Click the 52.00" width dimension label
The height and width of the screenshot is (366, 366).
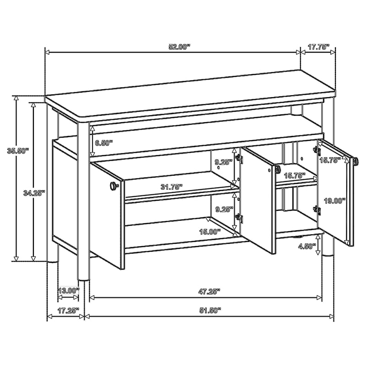[179, 47]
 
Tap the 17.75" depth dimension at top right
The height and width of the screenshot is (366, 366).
[318, 47]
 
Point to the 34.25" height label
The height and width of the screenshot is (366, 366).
[34, 193]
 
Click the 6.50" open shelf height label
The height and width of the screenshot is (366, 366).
[104, 143]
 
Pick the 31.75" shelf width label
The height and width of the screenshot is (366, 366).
[171, 187]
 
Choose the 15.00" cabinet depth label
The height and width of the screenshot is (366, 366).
[210, 231]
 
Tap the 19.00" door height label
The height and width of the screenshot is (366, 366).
[335, 200]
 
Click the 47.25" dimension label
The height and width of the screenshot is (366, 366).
[209, 291]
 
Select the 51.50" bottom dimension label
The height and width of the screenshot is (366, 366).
[210, 310]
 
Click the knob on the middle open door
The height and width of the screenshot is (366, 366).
[278, 169]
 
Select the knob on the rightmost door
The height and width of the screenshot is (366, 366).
[356, 161]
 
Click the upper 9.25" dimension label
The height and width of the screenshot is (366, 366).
[224, 162]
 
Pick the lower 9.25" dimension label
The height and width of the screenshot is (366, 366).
[224, 210]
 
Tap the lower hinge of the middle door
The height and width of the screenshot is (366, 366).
[239, 218]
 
